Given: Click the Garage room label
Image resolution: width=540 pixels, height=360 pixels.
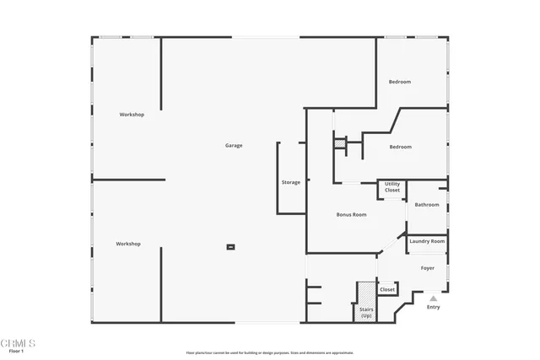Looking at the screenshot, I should (234, 146).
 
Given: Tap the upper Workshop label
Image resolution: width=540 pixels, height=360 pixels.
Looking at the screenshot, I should (131, 115).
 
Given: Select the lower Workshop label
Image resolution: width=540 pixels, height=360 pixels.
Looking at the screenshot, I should (128, 244).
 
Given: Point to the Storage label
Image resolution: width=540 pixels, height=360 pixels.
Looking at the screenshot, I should (290, 183).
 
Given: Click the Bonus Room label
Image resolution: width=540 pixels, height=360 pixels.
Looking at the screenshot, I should (351, 215).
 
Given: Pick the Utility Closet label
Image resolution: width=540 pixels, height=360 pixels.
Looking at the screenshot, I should (392, 187).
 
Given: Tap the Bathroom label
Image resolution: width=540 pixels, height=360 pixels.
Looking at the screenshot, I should (426, 205).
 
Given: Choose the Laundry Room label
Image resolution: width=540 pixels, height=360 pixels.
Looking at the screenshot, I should (426, 242).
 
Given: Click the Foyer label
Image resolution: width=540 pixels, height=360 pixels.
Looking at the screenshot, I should (428, 268).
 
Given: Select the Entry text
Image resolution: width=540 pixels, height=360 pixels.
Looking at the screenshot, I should (433, 307).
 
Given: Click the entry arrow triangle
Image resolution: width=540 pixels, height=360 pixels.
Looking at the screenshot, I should (433, 298).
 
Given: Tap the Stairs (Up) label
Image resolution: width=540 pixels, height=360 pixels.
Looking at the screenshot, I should (366, 313).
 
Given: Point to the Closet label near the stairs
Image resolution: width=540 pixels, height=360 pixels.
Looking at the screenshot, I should (387, 290).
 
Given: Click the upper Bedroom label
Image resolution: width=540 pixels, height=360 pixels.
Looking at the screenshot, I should (400, 82).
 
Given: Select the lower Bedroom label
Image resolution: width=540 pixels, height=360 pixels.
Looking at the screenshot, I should (400, 147).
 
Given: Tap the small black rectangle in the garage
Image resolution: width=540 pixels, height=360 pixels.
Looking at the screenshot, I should (229, 247).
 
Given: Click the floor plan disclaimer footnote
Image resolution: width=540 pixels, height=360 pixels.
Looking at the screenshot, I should (269, 352).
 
